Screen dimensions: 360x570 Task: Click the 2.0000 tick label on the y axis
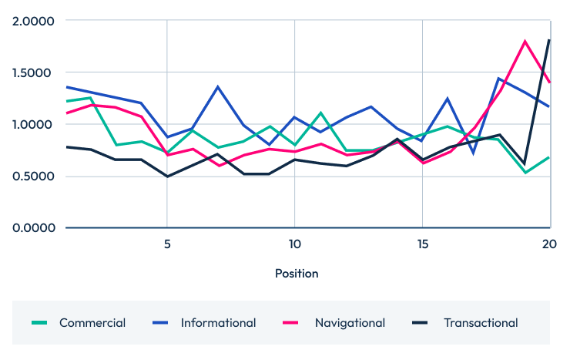[x=34, y=21]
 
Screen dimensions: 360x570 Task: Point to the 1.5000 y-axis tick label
[x=34, y=72]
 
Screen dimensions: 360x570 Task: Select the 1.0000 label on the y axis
[x=34, y=124]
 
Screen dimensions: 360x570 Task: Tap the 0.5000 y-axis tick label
[x=34, y=176]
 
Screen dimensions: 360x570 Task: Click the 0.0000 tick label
[x=34, y=227]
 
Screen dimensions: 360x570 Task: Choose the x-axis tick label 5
[x=167, y=243]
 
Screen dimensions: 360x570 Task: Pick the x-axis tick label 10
[x=294, y=243]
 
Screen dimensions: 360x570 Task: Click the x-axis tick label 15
[x=422, y=243]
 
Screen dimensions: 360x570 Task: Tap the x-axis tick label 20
[x=548, y=243]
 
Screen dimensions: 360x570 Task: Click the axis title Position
[x=297, y=273]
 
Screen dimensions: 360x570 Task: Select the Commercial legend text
[x=92, y=323]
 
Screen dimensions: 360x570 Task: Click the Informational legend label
[x=218, y=323]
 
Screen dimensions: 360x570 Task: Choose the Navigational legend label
[x=350, y=323]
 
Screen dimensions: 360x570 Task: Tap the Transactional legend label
[x=481, y=323]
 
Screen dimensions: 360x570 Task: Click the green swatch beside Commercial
[x=41, y=323]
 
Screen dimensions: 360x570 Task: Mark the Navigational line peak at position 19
[x=525, y=42]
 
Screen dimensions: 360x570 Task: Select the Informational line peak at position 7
[x=218, y=87]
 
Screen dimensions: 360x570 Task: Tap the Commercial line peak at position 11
[x=320, y=113]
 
